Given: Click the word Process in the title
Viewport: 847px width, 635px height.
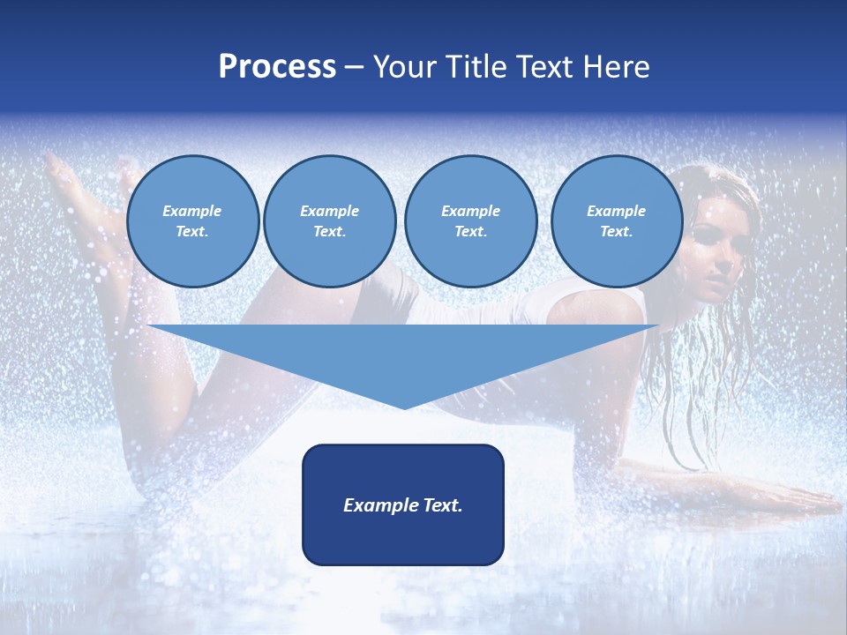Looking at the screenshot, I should (x=277, y=67).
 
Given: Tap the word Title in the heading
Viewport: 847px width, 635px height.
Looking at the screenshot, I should (x=480, y=67).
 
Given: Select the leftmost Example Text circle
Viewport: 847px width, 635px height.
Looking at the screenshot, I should (x=193, y=221).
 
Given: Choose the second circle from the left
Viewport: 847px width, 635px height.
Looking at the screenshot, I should (x=330, y=221).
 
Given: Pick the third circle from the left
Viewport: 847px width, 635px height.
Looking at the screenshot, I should (x=470, y=221).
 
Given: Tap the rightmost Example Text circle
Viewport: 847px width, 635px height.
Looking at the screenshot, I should (x=617, y=221).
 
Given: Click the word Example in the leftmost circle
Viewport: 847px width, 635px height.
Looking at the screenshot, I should (x=192, y=211).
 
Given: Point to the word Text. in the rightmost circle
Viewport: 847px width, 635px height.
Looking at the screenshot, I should (x=617, y=232).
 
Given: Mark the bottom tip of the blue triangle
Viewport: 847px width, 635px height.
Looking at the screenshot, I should (x=403, y=407).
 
